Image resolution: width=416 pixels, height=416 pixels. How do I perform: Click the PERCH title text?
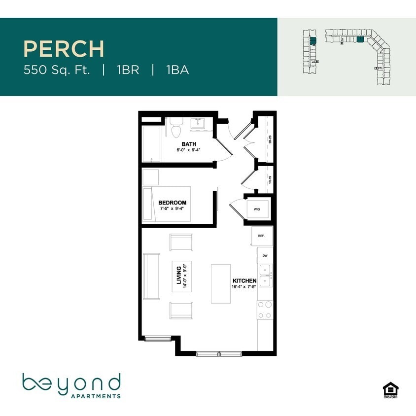click(64, 49)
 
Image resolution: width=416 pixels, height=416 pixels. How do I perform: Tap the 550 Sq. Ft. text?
click(57, 70)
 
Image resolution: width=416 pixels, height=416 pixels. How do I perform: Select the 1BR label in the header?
click(128, 70)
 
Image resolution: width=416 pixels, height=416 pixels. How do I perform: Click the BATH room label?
click(189, 144)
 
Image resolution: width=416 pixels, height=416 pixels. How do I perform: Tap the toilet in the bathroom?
click(176, 127)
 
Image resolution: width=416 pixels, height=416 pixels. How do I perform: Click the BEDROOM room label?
click(172, 203)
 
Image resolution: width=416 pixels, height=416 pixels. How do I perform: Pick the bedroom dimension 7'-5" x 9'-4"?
click(173, 209)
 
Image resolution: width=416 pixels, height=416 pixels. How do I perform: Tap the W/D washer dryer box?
click(257, 209)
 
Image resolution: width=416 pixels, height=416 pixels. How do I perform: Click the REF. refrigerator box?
click(261, 236)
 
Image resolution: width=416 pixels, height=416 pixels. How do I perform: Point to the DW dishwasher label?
click(265, 255)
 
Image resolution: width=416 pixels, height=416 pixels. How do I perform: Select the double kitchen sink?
click(265, 276)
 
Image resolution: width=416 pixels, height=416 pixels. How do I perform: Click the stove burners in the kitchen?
click(265, 309)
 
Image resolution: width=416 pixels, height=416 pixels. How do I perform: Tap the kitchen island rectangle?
click(221, 283)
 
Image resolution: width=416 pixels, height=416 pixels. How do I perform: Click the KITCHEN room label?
click(244, 280)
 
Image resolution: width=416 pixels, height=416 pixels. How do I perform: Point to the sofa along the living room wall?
click(151, 276)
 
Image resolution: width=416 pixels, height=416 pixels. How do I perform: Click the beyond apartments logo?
click(71, 386)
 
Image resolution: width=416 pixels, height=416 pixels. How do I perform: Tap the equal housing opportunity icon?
click(389, 389)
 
